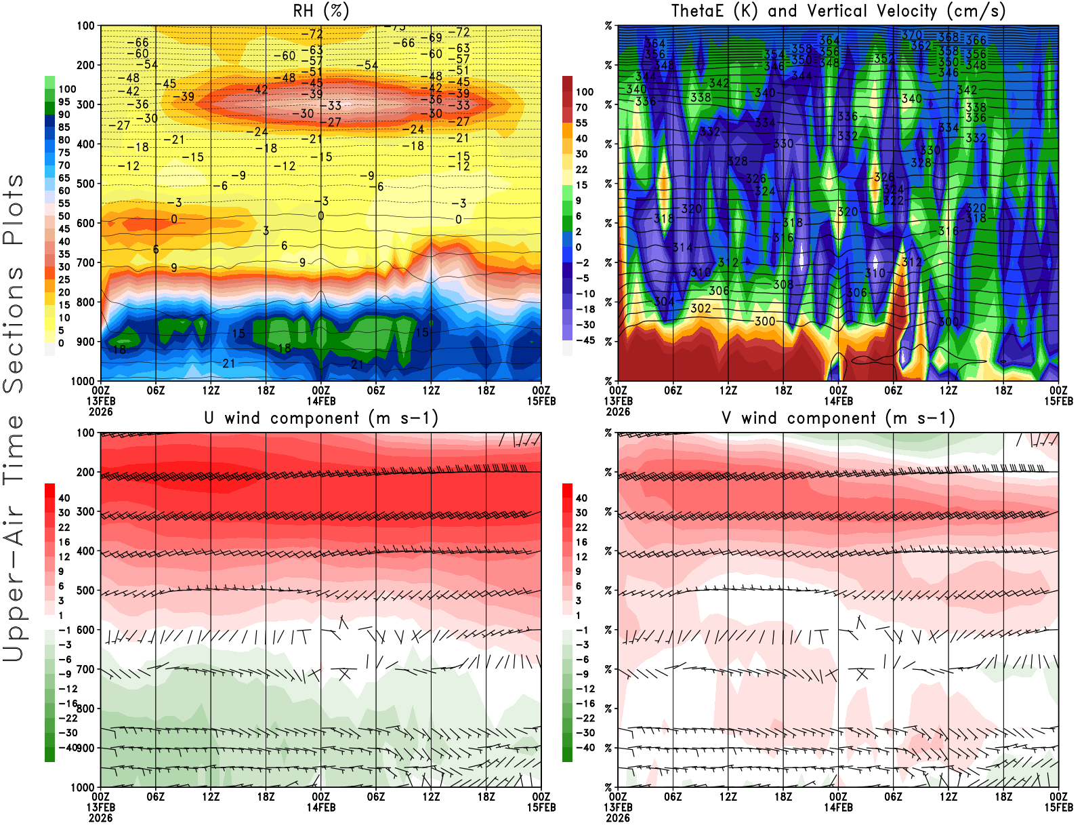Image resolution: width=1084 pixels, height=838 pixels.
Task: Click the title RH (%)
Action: (320, 11)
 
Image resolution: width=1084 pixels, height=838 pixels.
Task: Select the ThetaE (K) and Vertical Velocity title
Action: (838, 11)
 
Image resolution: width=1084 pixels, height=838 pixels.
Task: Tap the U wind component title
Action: (320, 418)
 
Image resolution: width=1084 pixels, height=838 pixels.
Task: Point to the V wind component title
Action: (838, 418)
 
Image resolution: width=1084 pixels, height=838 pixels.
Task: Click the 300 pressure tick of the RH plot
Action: (85, 104)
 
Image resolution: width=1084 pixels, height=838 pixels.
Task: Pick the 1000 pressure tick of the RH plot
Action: (83, 381)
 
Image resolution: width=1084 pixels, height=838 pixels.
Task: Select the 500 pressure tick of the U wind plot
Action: (85, 591)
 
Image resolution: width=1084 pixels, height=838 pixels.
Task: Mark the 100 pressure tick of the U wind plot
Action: (85, 433)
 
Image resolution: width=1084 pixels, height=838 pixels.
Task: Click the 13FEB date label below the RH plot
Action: (100, 401)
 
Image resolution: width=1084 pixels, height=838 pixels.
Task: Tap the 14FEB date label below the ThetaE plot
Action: (838, 401)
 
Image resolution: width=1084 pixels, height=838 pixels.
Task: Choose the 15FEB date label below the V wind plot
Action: (1058, 807)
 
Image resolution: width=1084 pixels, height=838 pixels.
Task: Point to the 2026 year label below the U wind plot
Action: (100, 818)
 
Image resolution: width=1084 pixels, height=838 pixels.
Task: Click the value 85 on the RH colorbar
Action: (64, 127)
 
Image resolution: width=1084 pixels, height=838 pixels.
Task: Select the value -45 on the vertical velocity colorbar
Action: (585, 340)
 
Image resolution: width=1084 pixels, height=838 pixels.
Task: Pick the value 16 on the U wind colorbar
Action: (64, 542)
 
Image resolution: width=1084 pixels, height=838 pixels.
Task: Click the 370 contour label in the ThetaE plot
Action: (911, 35)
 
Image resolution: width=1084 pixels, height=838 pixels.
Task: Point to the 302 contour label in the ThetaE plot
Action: (701, 308)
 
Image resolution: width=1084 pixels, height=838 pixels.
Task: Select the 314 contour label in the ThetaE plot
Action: (682, 247)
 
